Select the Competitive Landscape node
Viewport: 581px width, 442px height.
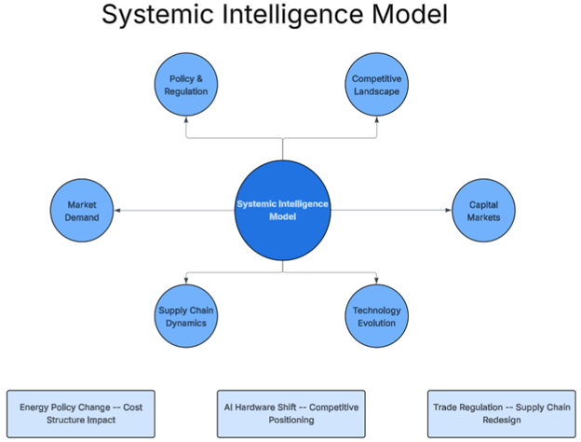pyautogui.click(x=376, y=86)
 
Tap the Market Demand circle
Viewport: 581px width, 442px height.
pyautogui.click(x=82, y=211)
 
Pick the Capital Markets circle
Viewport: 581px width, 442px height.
pyautogui.click(x=483, y=211)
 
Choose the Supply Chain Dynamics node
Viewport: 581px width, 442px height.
pyautogui.click(x=187, y=316)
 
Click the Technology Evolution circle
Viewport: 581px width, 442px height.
pyautogui.click(x=376, y=316)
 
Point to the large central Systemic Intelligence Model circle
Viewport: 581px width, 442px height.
pyautogui.click(x=283, y=211)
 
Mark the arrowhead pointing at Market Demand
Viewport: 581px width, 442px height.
pyautogui.click(x=116, y=211)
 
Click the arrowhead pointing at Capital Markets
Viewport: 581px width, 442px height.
pyautogui.click(x=448, y=211)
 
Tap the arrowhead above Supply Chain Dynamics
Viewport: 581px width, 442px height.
pyautogui.click(x=187, y=281)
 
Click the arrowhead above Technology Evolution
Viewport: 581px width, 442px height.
pyautogui.click(x=376, y=281)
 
